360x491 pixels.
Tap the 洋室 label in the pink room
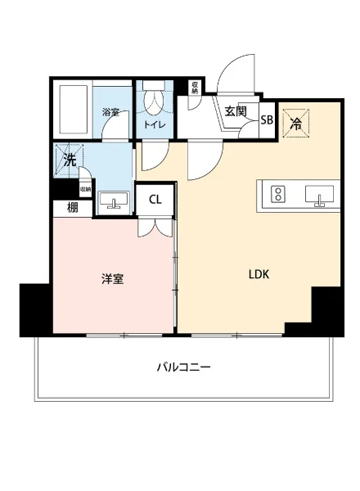point(112,279)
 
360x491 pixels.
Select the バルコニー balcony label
point(184,367)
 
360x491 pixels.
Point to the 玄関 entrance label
point(236,110)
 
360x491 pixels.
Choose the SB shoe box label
point(267,119)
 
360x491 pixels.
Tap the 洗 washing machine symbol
point(70,159)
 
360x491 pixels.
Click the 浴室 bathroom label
point(110,112)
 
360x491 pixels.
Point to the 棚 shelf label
point(74,207)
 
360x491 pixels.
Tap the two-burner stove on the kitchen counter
point(278,194)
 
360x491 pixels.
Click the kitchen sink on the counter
point(319,194)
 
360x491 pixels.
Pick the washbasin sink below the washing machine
point(113,200)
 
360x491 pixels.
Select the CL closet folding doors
point(155,227)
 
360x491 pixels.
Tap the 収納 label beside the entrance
point(194,88)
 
